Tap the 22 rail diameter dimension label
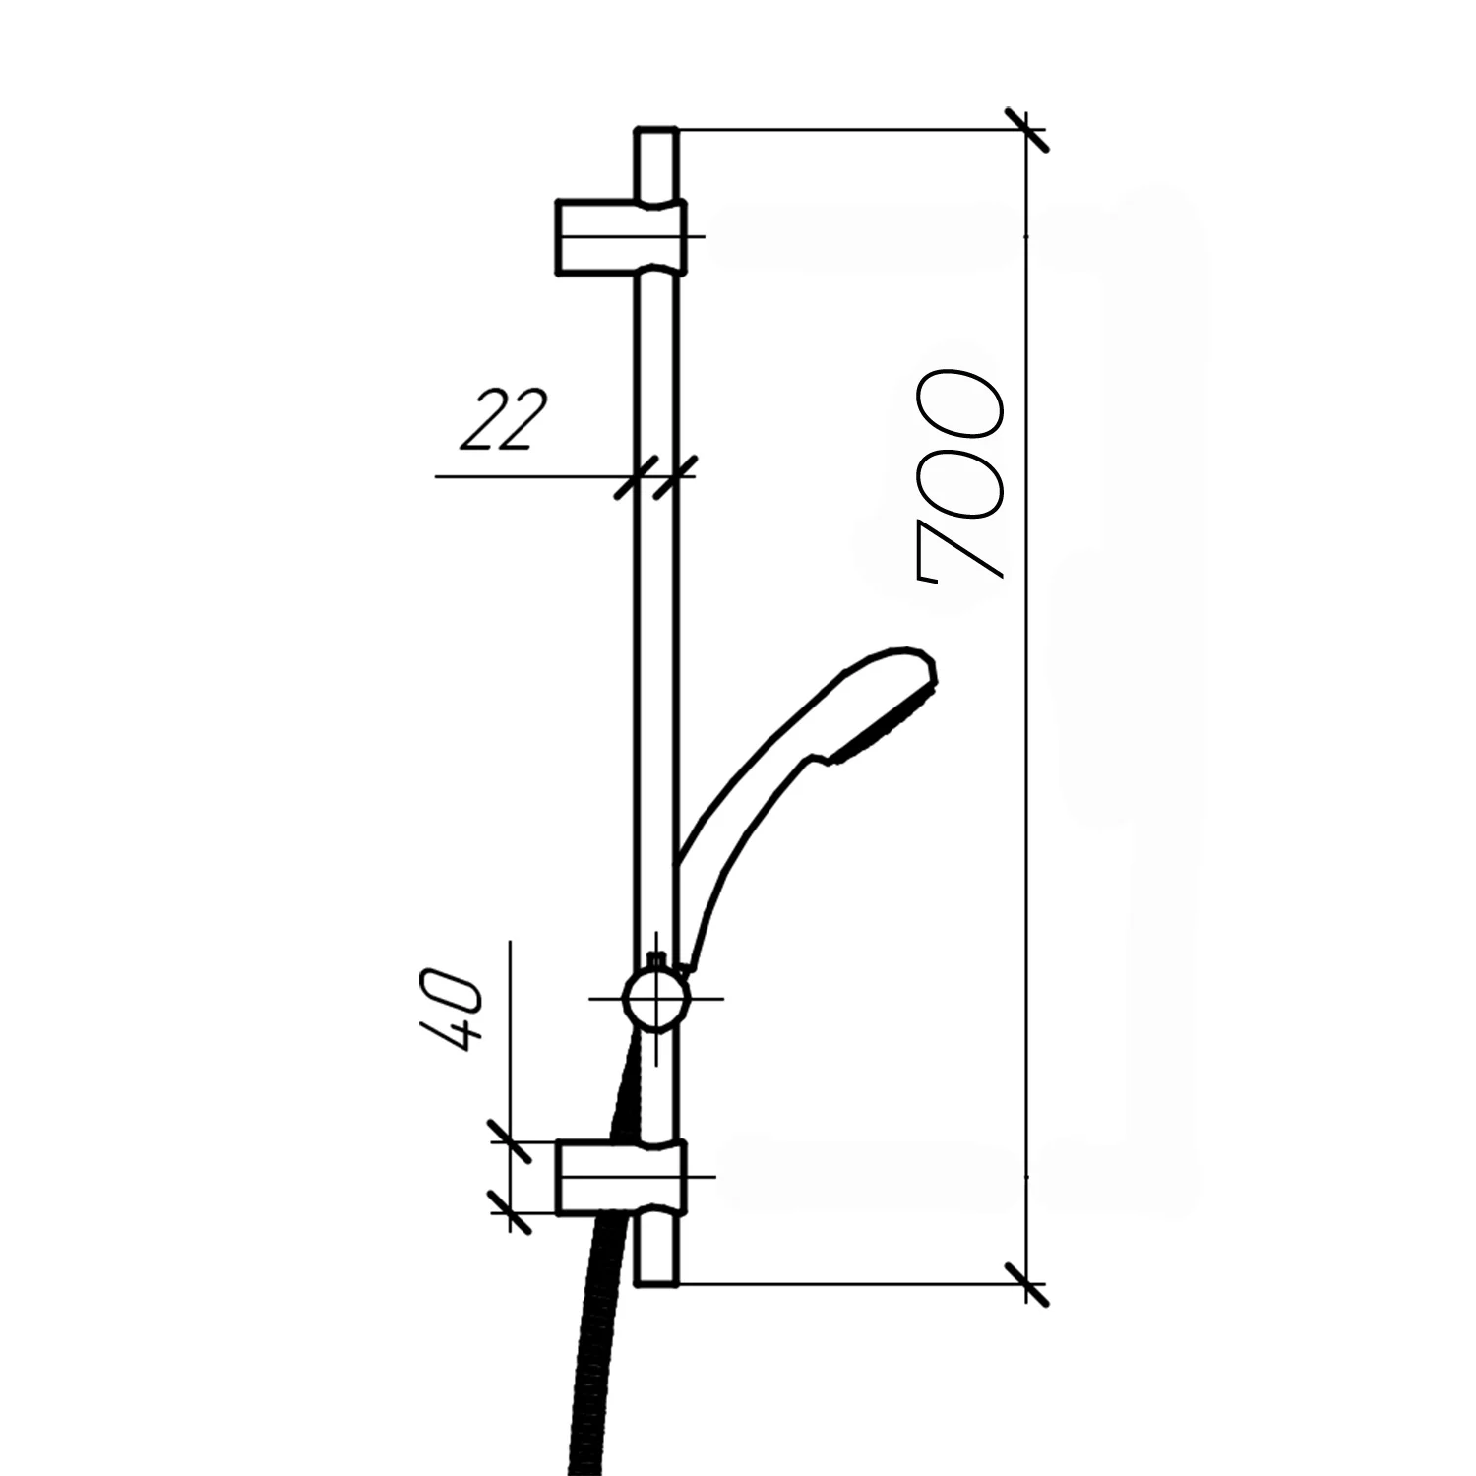[502, 420]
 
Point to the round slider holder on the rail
[656, 999]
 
